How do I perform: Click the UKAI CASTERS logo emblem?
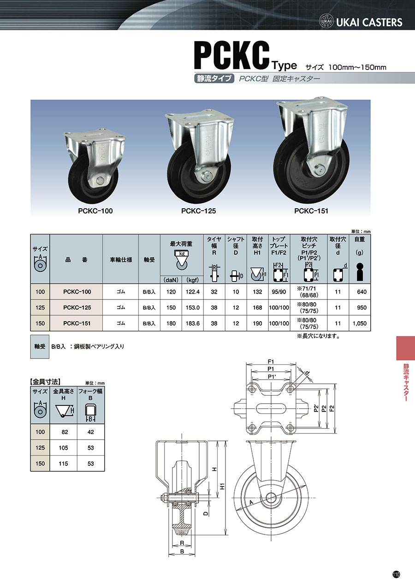pos(326,22)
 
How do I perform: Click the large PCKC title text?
pos(231,56)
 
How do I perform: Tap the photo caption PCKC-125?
pos(199,211)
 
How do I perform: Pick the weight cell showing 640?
pos(362,292)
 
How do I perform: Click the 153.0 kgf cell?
pos(193,308)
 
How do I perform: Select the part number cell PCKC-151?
pos(77,323)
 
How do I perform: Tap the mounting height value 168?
pos(257,308)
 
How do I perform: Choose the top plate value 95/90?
pos(279,292)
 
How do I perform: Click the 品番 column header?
pos(76,260)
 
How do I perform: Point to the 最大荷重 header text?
pos(181,244)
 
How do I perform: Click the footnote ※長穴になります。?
pos(319,336)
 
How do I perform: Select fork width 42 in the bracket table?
pos(90,432)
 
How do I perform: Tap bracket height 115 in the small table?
pos(63,464)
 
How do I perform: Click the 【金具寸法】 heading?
pos(45,382)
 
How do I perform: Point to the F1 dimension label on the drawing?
pos(271,362)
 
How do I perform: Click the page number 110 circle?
pos(396,575)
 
